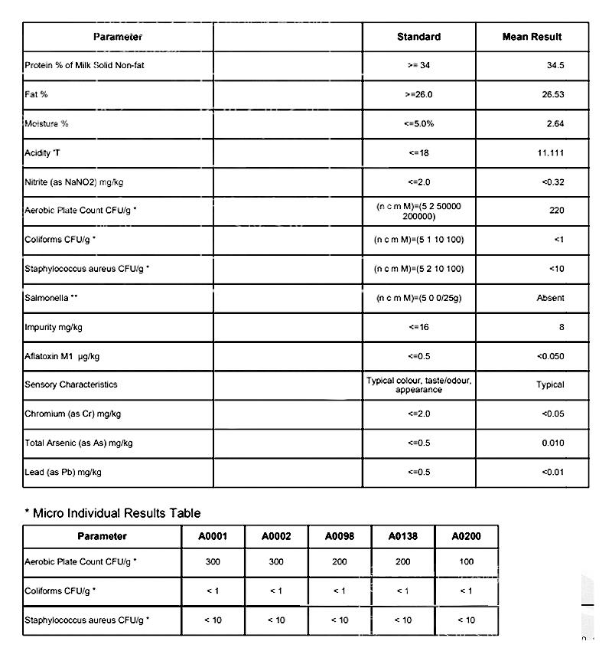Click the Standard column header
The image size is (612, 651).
(418, 37)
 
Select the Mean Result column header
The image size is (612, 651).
(532, 37)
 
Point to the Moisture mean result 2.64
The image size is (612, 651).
(555, 124)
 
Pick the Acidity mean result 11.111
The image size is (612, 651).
(551, 153)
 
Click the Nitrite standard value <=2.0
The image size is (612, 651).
(418, 182)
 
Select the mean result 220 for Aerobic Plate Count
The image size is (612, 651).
(556, 211)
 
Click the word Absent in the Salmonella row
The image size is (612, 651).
(550, 298)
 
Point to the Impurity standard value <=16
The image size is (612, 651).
(418, 327)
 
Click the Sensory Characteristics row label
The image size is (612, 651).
(71, 384)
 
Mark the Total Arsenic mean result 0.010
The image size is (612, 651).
(552, 443)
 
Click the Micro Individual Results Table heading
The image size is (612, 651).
(112, 512)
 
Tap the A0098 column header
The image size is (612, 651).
(340, 537)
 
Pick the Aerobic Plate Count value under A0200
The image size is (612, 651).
(466, 562)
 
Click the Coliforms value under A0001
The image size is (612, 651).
(213, 590)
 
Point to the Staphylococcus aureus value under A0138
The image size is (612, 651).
(402, 620)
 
